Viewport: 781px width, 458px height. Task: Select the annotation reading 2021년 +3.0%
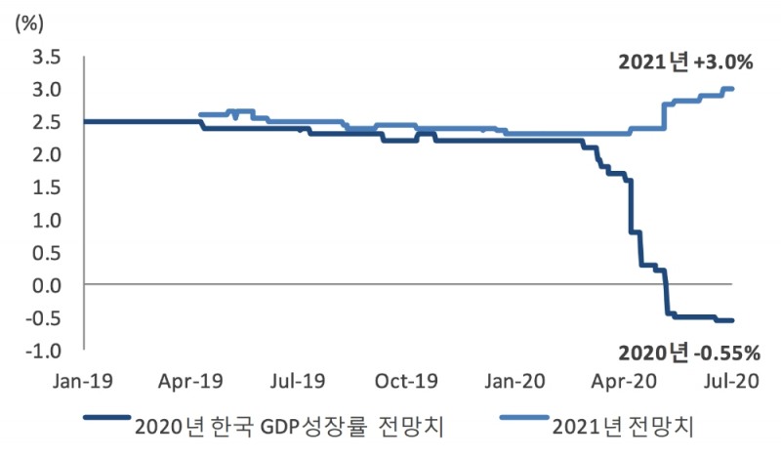pos(685,62)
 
